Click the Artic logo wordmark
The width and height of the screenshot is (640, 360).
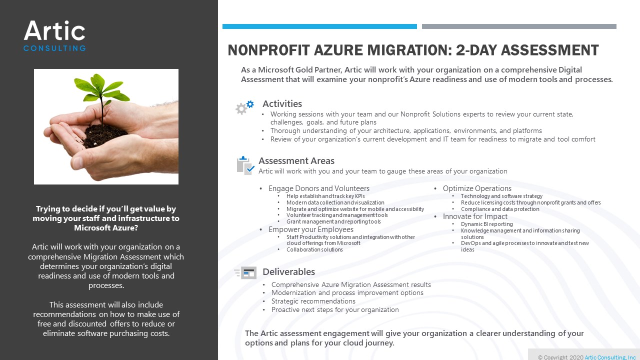(x=54, y=31)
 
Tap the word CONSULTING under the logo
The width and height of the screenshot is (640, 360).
(x=54, y=48)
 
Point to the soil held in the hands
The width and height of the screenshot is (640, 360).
(x=105, y=136)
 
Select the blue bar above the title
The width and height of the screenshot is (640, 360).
(x=319, y=26)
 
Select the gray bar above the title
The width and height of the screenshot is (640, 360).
(x=519, y=26)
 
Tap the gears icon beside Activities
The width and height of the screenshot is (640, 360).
(x=245, y=107)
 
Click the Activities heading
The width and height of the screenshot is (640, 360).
(x=282, y=104)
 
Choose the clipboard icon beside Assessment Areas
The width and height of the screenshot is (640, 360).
(x=245, y=165)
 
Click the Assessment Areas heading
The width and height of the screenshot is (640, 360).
(x=296, y=161)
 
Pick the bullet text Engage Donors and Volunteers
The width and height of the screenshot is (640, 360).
(x=319, y=188)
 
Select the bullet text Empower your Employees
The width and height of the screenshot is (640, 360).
(x=311, y=229)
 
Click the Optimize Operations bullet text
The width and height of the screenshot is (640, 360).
(x=477, y=188)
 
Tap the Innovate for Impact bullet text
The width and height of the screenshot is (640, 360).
(x=475, y=216)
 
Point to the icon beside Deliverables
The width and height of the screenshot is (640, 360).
(x=245, y=273)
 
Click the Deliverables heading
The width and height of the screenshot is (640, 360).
(x=288, y=272)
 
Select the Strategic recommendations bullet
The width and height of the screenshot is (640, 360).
(x=313, y=301)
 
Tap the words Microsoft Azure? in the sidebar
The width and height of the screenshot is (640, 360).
(x=106, y=228)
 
